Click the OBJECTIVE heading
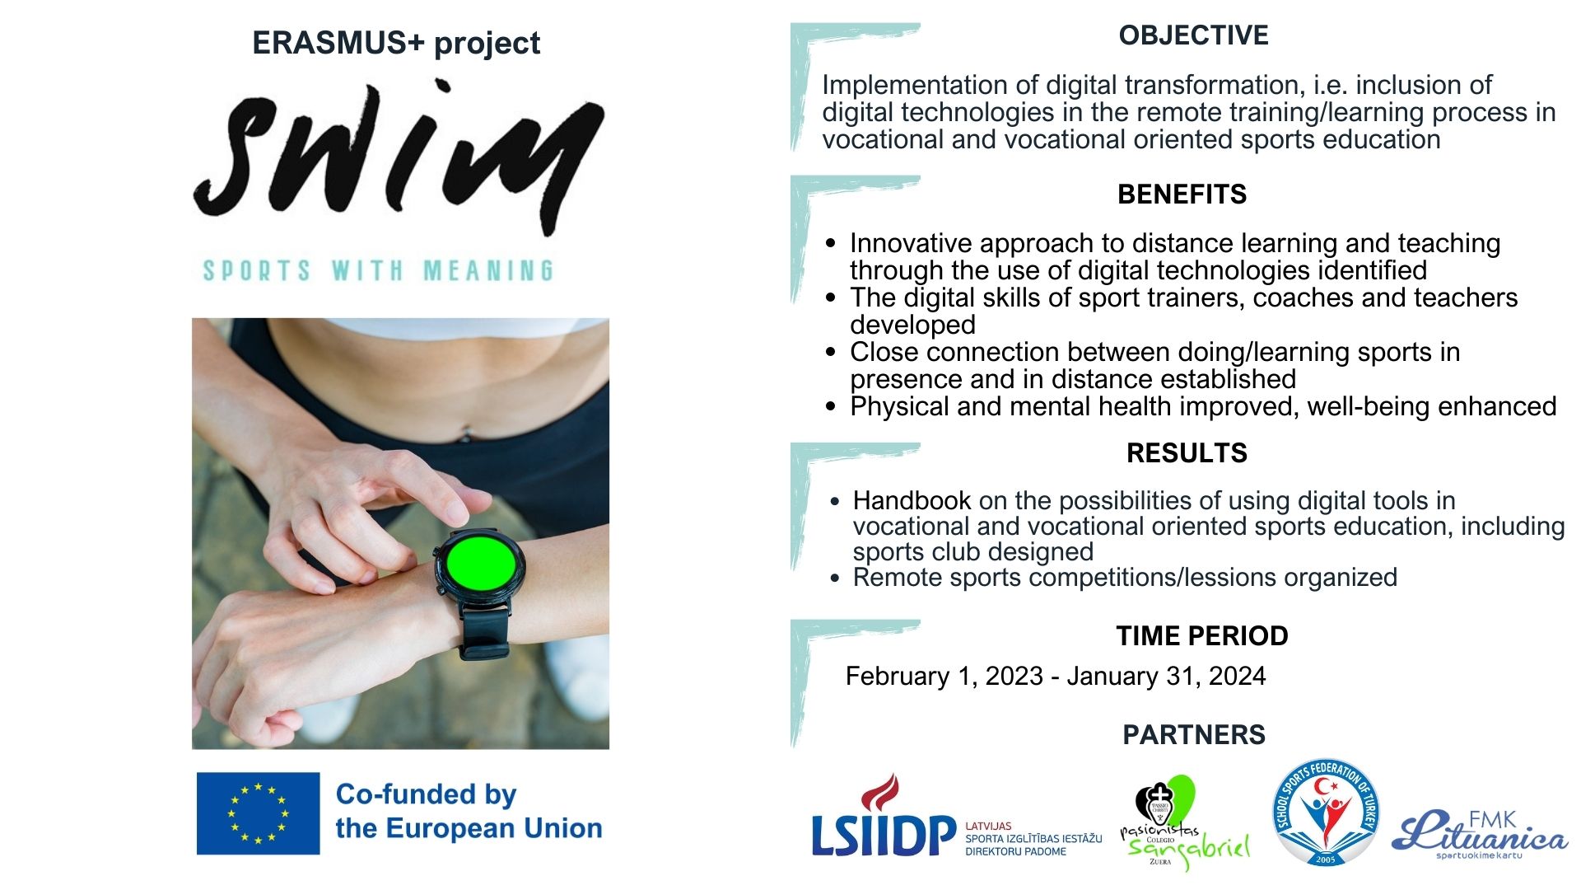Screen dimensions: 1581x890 pyautogui.click(x=1193, y=35)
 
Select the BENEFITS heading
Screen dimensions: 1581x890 pyautogui.click(x=1182, y=194)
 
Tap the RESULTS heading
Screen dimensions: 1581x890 pyautogui.click(x=1187, y=453)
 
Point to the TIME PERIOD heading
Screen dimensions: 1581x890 pyautogui.click(x=1202, y=636)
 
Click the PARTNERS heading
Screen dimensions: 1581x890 pyautogui.click(x=1194, y=735)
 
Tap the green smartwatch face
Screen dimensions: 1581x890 pyautogui.click(x=481, y=562)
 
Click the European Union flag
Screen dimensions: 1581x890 pyautogui.click(x=258, y=813)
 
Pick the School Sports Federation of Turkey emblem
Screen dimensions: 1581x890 pyautogui.click(x=1326, y=812)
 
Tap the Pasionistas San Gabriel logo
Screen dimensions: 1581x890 pyautogui.click(x=1183, y=822)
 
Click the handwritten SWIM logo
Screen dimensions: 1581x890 pyautogui.click(x=399, y=157)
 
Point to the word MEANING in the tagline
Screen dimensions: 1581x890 pyautogui.click(x=488, y=270)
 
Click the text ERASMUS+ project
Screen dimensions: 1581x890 pyautogui.click(x=396, y=43)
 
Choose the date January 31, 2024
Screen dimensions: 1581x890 pyautogui.click(x=1166, y=677)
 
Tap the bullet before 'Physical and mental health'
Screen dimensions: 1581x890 pyautogui.click(x=830, y=407)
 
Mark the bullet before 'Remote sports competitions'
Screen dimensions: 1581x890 pyautogui.click(x=835, y=578)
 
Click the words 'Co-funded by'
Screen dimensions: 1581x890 pyautogui.click(x=426, y=794)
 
